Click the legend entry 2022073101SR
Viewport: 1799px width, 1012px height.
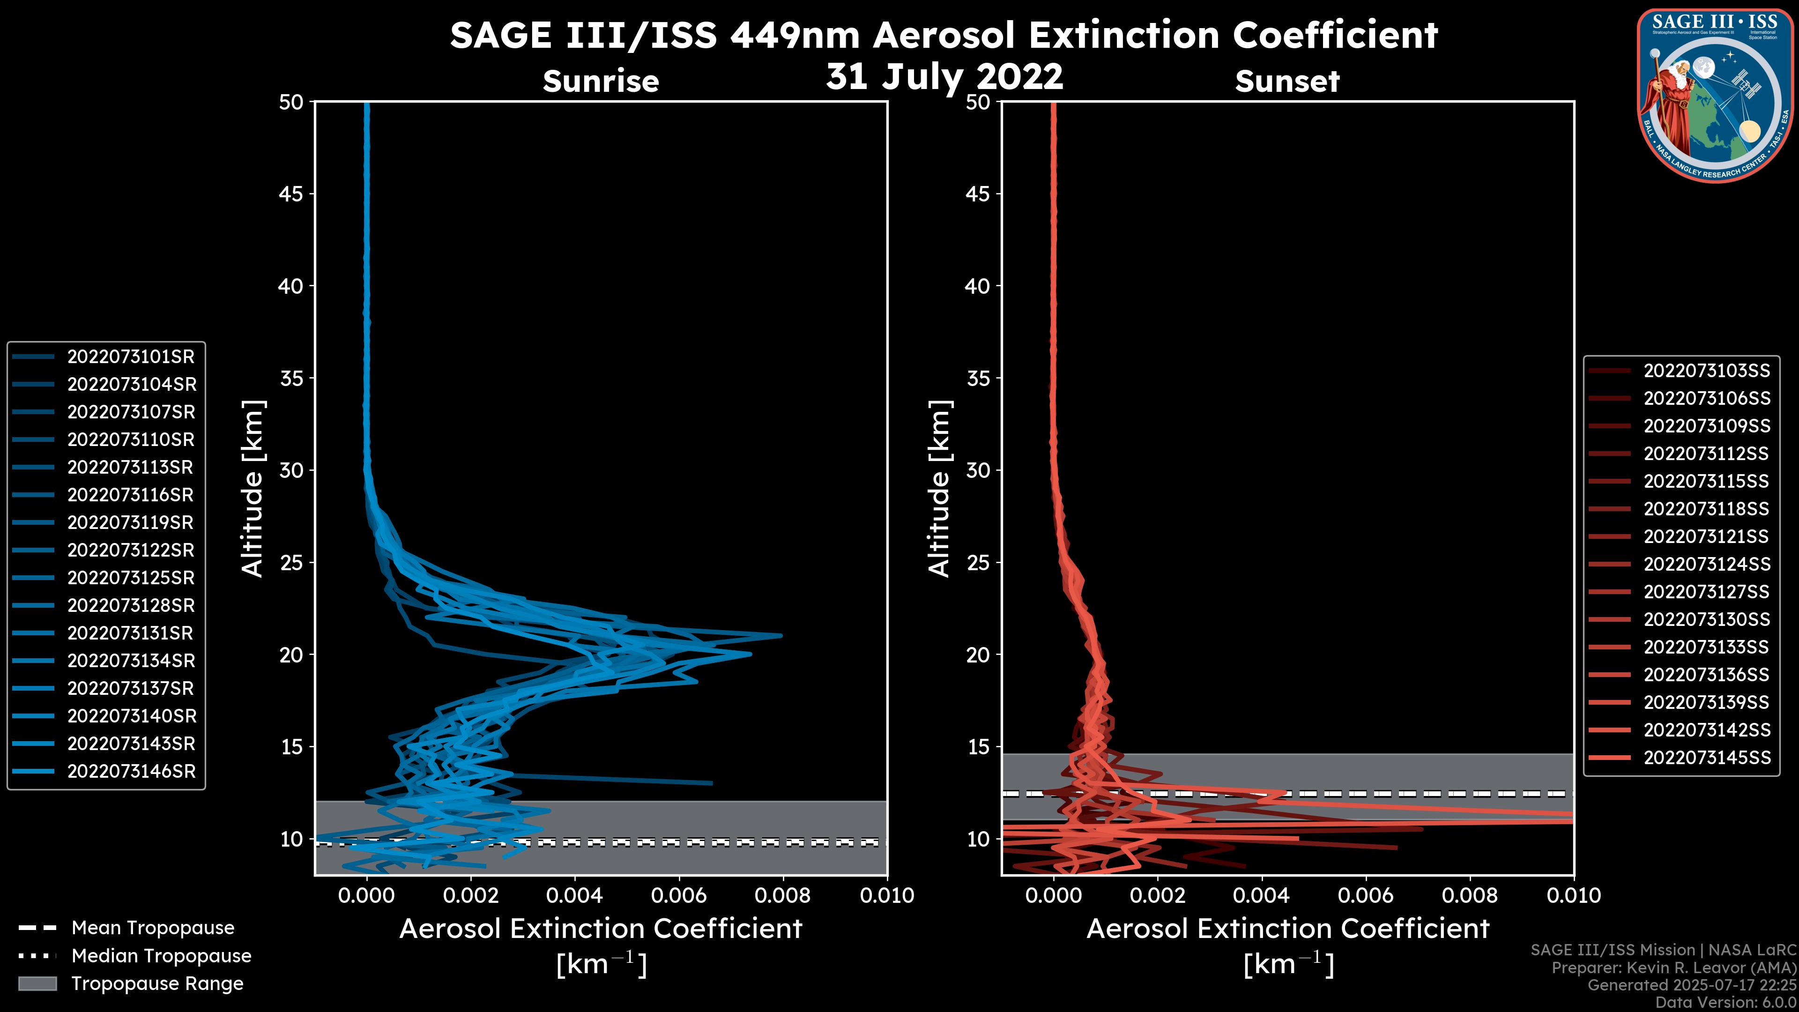(x=131, y=357)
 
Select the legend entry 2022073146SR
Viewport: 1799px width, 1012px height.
(x=131, y=772)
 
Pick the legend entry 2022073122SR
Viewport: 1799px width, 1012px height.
(x=131, y=551)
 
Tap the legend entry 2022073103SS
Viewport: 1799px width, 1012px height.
(x=1706, y=371)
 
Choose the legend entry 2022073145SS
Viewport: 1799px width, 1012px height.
(x=1706, y=758)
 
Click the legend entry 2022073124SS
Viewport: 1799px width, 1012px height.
(x=1706, y=564)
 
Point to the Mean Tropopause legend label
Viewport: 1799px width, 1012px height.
(x=152, y=928)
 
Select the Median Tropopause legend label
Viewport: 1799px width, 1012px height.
(x=161, y=956)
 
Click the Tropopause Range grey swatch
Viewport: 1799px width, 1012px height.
(x=37, y=983)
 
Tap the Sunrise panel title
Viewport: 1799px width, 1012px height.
(x=601, y=81)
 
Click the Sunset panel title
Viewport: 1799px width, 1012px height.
(x=1287, y=81)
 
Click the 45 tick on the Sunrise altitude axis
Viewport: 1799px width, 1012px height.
(x=291, y=193)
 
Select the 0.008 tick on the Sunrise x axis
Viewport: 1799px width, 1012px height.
(x=782, y=895)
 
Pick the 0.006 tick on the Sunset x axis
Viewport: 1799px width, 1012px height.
(x=1366, y=895)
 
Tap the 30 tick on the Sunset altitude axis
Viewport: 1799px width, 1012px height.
(x=978, y=470)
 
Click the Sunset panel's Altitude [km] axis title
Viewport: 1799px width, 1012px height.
(x=940, y=489)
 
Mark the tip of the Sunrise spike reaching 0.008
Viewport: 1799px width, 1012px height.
(x=781, y=636)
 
